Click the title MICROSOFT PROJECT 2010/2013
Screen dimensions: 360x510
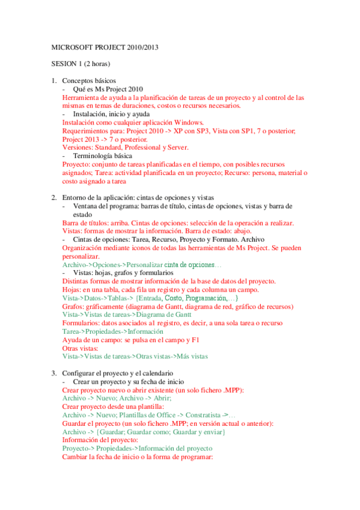coord(105,46)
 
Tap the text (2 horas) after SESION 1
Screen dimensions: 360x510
coord(97,63)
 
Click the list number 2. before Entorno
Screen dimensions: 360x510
coord(53,197)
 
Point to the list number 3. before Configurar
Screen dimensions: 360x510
coord(53,373)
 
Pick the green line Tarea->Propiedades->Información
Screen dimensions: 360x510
coord(112,331)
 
